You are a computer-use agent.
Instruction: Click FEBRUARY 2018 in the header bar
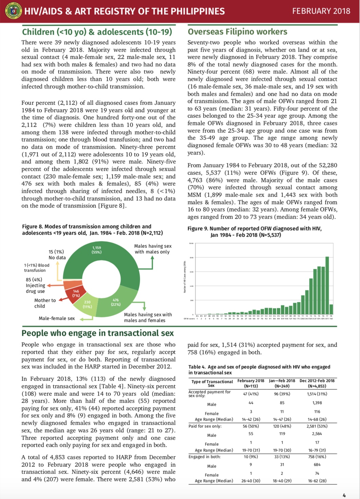pyautogui.click(x=321, y=11)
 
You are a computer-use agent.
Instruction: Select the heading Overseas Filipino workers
pyautogui.click(x=237, y=32)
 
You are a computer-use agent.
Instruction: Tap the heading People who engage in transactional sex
pyautogui.click(x=97, y=333)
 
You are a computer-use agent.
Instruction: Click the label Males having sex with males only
pyautogui.click(x=152, y=249)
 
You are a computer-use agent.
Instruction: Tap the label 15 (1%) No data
pyautogui.click(x=56, y=255)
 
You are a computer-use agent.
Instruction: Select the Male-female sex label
pyautogui.click(x=56, y=318)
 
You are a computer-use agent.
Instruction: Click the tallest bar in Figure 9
pyautogui.click(x=327, y=285)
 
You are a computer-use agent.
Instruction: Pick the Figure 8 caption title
pyautogui.click(x=92, y=229)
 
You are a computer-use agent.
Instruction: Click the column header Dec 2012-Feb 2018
pyautogui.click(x=317, y=383)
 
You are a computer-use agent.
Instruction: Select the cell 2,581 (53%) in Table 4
pyautogui.click(x=317, y=426)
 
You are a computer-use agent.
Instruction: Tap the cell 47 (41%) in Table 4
pyautogui.click(x=251, y=394)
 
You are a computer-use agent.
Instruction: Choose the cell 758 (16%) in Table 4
pyautogui.click(x=317, y=457)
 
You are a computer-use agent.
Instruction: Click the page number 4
pyautogui.click(x=344, y=495)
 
